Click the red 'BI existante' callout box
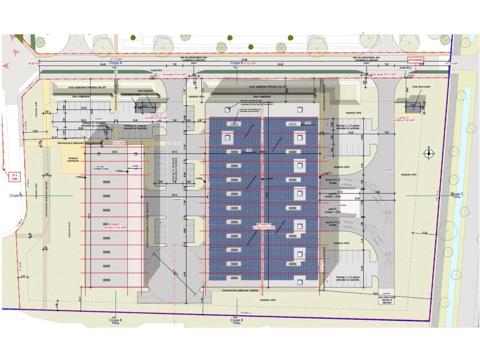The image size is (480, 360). pyautogui.click(x=415, y=60)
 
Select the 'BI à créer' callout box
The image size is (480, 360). pyautogui.click(x=15, y=177)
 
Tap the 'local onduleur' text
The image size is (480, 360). pyautogui.click(x=145, y=91)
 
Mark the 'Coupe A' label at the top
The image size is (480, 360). pyautogui.click(x=115, y=63)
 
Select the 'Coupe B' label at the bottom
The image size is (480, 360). pyautogui.click(x=236, y=320)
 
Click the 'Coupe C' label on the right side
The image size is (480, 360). pyautogui.click(x=456, y=194)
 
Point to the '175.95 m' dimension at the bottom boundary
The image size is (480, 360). pyautogui.click(x=245, y=313)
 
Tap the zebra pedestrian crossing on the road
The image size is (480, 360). pyautogui.click(x=174, y=144)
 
